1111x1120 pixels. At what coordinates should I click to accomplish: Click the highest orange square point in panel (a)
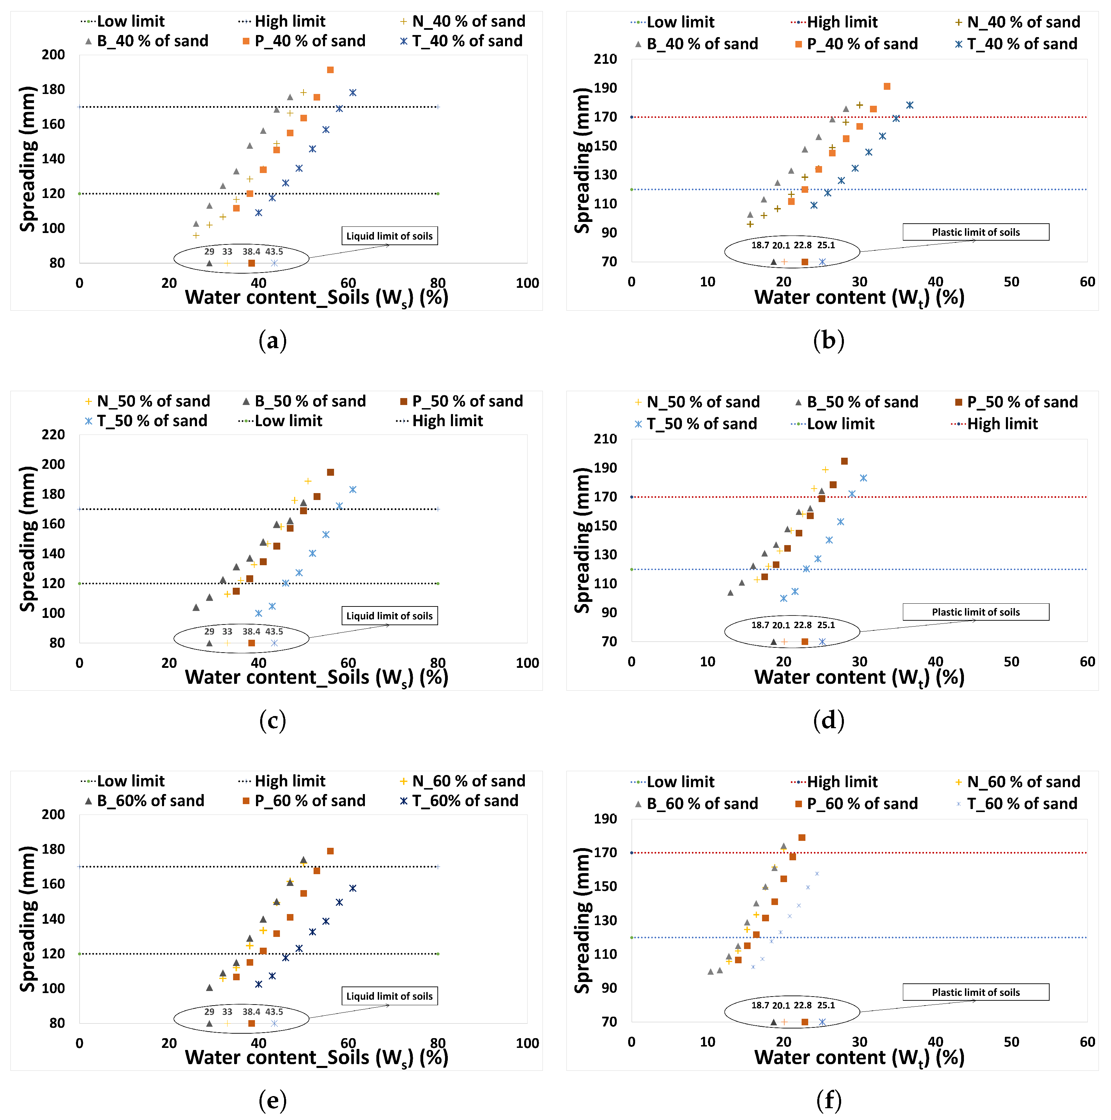[330, 70]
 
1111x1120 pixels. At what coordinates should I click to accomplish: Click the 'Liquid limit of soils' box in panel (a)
[389, 236]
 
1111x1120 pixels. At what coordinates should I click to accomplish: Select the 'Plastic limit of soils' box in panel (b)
[975, 232]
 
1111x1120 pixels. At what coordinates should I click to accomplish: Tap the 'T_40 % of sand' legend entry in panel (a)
[462, 41]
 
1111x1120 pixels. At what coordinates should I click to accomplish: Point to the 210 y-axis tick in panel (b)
[605, 59]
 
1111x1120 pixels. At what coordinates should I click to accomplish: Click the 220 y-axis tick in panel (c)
[53, 435]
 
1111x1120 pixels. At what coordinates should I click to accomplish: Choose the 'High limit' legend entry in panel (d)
[995, 424]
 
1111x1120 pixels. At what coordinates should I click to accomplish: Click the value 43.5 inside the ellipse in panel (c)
[274, 631]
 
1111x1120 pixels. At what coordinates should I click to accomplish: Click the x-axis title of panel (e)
[317, 1058]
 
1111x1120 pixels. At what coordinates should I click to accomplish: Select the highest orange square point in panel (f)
[802, 838]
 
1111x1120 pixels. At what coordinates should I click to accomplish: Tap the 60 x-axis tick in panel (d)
[1087, 662]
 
